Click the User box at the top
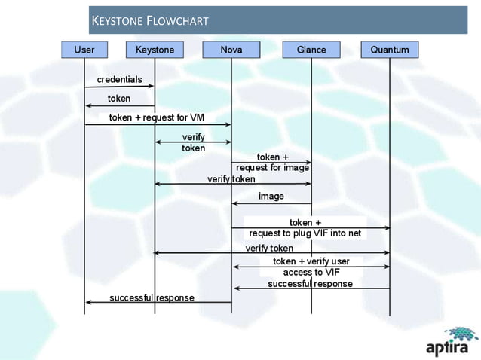click(x=84, y=50)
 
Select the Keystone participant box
click(x=155, y=50)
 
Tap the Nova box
click(x=231, y=50)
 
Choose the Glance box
click(x=311, y=50)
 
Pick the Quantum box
click(x=390, y=50)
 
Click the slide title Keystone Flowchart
click(x=149, y=20)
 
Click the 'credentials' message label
click(x=118, y=79)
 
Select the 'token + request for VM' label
click(x=157, y=117)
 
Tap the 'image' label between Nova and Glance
click(x=271, y=196)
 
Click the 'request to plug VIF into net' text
click(x=305, y=233)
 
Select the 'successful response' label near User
click(x=152, y=297)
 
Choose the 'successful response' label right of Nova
click(x=310, y=284)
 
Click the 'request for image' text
click(x=273, y=168)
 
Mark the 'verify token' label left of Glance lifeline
click(x=231, y=179)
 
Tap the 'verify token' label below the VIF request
click(x=269, y=248)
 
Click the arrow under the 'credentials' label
click(x=119, y=87)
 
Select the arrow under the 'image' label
click(x=271, y=203)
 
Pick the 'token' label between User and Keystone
click(x=118, y=99)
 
